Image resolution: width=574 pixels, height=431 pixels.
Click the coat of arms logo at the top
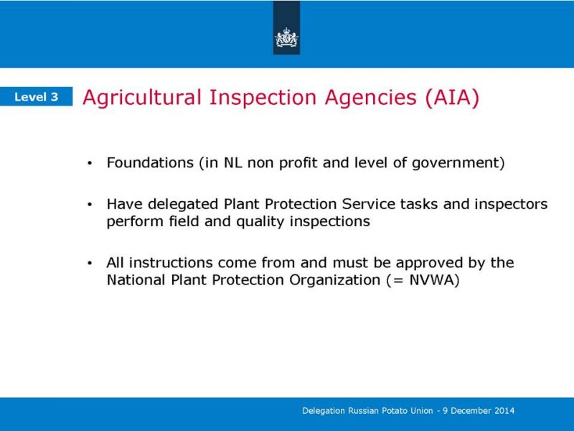(286, 38)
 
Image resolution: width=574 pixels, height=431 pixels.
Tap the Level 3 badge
(37, 97)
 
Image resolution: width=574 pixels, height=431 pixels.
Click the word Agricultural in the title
(142, 98)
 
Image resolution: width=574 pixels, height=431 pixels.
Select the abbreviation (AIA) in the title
(453, 98)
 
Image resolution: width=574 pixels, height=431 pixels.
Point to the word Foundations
(150, 162)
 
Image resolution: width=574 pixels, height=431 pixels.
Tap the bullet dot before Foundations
(90, 164)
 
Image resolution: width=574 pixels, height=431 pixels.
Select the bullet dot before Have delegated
(90, 205)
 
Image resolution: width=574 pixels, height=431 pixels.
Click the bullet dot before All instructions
(90, 263)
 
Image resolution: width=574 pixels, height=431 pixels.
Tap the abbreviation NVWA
(431, 280)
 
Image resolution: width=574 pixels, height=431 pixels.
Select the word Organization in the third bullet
(334, 281)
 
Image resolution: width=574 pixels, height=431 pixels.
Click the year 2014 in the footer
(505, 410)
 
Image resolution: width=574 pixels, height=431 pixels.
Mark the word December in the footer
(471, 410)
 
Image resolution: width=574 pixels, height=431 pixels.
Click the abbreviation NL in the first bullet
(232, 162)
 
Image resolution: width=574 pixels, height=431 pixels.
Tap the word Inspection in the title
(263, 98)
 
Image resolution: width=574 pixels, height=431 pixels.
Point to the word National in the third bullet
(136, 280)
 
